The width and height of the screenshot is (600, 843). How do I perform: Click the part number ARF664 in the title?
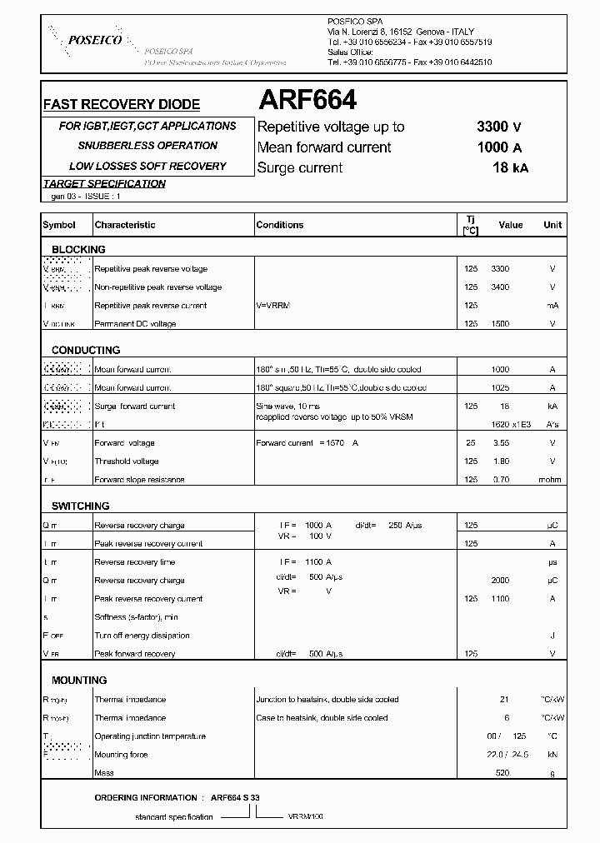click(307, 100)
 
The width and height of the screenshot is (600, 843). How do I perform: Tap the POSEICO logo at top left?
click(94, 40)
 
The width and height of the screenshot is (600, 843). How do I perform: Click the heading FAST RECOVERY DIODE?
click(121, 105)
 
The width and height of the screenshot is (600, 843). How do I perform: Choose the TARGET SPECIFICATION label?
click(104, 183)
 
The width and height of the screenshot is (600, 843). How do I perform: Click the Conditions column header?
click(280, 225)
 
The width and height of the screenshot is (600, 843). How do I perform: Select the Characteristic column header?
click(125, 225)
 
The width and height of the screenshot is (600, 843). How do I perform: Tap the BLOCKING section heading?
click(78, 249)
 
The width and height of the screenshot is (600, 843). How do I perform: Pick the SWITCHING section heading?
click(80, 506)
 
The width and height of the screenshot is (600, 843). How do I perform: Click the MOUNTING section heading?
click(79, 680)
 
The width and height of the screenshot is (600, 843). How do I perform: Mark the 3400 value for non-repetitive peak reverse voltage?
click(500, 287)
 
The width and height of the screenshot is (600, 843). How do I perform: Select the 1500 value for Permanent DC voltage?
click(500, 323)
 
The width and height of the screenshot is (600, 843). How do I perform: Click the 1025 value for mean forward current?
click(500, 388)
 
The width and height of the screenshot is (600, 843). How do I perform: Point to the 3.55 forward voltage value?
click(500, 443)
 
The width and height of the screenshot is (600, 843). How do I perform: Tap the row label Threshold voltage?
click(127, 461)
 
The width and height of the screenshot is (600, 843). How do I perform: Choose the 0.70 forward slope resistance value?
click(500, 480)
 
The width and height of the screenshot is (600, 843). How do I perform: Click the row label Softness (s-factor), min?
click(136, 617)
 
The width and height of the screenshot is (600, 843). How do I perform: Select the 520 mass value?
click(502, 773)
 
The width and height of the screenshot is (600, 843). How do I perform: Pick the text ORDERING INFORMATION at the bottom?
click(146, 798)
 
